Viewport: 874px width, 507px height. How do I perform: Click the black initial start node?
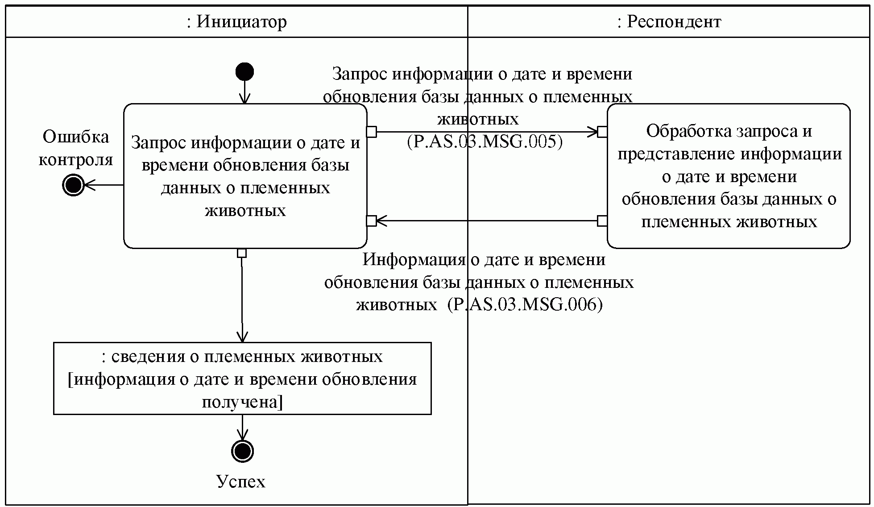[244, 72]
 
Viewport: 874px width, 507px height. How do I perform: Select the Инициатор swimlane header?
[236, 21]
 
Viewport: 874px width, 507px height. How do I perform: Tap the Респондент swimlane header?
[669, 21]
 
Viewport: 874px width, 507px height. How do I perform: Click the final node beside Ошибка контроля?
[73, 185]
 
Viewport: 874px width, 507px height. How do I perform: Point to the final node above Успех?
[242, 451]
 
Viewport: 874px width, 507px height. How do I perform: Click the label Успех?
[241, 482]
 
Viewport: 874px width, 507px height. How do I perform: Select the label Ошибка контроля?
[76, 148]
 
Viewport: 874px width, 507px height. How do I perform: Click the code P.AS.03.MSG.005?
[485, 142]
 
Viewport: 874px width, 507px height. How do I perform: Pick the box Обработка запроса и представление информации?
[729, 176]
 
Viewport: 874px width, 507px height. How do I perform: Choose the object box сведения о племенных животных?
[242, 378]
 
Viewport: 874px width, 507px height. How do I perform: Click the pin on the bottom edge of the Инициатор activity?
[242, 253]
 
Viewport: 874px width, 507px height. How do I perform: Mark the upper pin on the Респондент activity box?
[602, 132]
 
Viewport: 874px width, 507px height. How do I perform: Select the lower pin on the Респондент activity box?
[602, 220]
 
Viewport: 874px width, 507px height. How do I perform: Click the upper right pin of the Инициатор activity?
[371, 132]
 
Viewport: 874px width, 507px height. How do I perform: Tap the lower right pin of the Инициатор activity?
[371, 220]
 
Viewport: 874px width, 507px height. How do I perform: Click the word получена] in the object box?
[242, 403]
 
